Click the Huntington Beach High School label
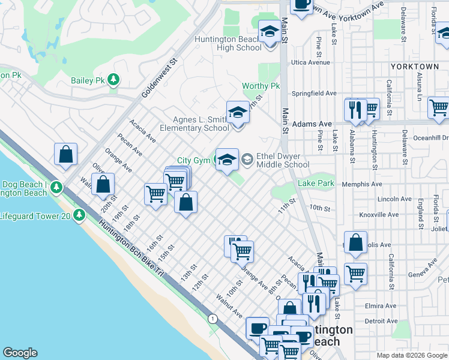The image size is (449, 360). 228,44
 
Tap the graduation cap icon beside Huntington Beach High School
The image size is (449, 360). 270,31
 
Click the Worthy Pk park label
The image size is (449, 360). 261,86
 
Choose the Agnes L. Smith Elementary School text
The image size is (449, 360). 194,124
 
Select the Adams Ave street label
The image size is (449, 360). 312,124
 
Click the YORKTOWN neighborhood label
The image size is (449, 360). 414,67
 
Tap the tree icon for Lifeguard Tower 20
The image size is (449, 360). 79,216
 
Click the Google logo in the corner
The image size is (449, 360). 20,352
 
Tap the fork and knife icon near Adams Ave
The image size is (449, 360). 355,110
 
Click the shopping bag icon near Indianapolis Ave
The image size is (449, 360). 355,242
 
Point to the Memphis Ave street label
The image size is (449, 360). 362,184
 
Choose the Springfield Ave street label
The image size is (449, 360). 314,94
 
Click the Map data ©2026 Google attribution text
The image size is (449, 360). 411,355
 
